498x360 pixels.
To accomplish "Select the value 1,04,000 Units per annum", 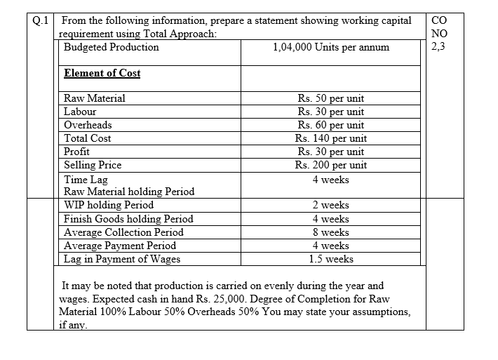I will [x=330, y=48].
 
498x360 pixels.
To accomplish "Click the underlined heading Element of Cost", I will [x=102, y=73].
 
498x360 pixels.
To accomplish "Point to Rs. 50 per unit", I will [x=330, y=98].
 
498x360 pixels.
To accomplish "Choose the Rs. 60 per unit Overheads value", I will [x=330, y=125].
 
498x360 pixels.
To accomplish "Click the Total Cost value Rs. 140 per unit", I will [x=330, y=138].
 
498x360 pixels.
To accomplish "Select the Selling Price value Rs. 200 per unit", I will [x=330, y=165].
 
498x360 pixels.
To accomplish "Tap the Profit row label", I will [x=76, y=152].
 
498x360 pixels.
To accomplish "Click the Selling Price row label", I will [x=92, y=165].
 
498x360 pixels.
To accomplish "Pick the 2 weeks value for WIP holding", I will [x=330, y=206].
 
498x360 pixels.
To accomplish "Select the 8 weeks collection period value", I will [x=330, y=232].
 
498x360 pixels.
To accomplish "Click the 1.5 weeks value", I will [x=330, y=259].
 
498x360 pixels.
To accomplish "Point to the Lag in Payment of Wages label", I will [x=122, y=259].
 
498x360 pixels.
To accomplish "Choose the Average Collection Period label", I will [x=123, y=232].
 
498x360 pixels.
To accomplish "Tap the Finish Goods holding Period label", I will [x=128, y=219].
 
